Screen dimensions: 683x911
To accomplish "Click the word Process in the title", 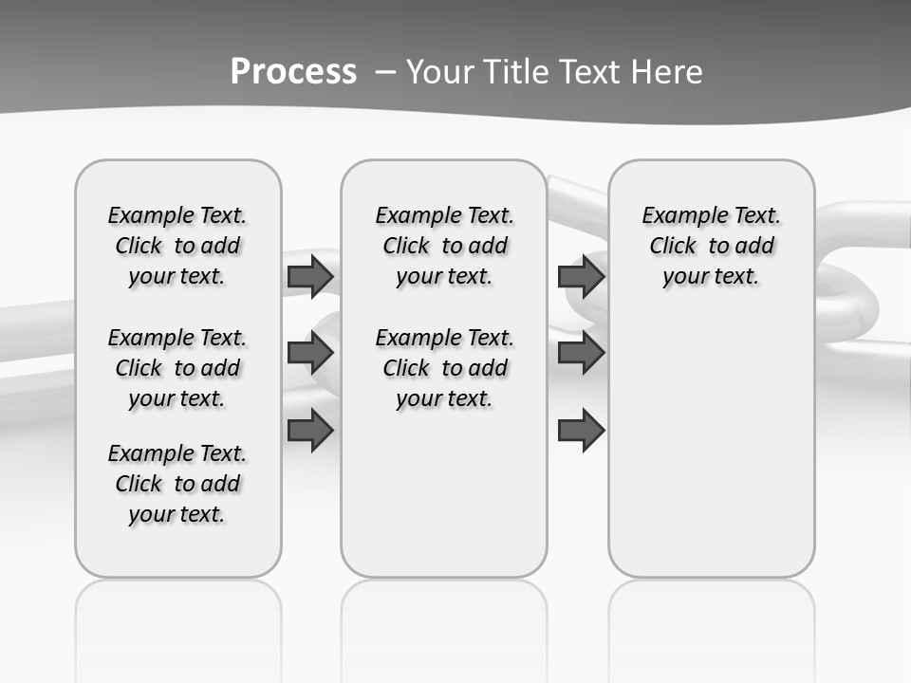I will coord(293,71).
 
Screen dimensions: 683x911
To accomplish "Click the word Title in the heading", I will coord(518,72).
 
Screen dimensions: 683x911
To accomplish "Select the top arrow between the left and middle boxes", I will coord(310,276).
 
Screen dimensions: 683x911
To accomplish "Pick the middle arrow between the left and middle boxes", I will coord(310,353).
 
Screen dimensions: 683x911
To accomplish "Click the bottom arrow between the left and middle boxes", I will coord(310,431).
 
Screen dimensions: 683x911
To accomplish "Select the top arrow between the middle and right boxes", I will coord(581,276).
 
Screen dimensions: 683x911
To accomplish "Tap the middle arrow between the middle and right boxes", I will coord(581,353).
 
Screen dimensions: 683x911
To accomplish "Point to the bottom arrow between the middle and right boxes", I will coord(581,431).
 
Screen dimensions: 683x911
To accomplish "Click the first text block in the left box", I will coord(177,246).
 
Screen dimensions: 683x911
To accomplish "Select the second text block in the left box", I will coord(177,368).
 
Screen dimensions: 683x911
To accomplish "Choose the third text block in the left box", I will coord(177,484).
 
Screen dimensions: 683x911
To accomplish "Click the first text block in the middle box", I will coord(444,246).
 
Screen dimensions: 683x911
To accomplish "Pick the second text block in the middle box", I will coord(444,368).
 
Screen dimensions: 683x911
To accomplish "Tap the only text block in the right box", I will coord(711,246).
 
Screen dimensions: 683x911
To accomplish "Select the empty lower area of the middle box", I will coord(444,493).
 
